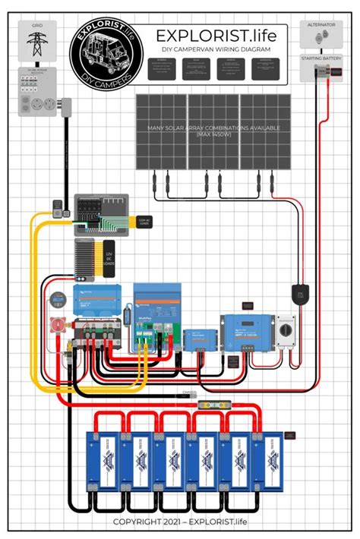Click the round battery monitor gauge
tap(55, 301)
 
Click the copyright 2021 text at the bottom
tap(180, 522)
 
